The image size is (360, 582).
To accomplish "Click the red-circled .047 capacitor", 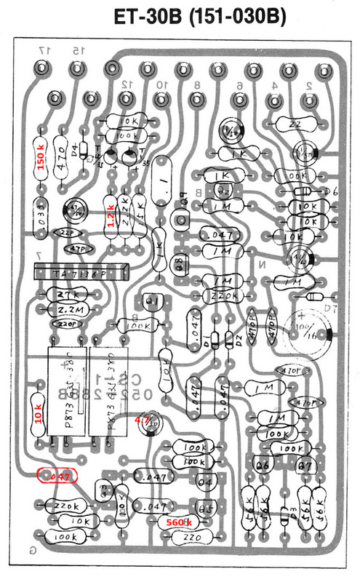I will coord(58,477).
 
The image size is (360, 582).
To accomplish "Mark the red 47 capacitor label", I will coord(143,420).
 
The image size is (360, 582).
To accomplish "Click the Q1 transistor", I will coord(152,302).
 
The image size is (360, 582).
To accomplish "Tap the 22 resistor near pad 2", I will coord(294,124).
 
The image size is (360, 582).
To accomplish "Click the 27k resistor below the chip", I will coord(64,295).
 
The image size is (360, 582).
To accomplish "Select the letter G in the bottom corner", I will coord(31,549).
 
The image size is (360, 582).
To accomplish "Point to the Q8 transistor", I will coord(177,264).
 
